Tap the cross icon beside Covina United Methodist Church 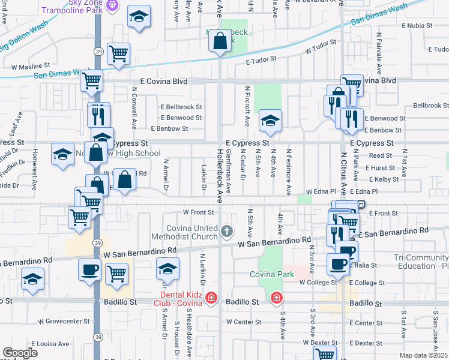coord(227,230)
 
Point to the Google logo coord(20,353)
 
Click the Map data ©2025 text coord(423,355)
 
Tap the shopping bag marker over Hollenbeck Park coord(220,41)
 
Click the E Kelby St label coord(384,179)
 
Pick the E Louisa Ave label coord(50,344)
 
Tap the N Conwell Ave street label coord(134,110)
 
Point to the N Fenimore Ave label coord(288,172)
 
